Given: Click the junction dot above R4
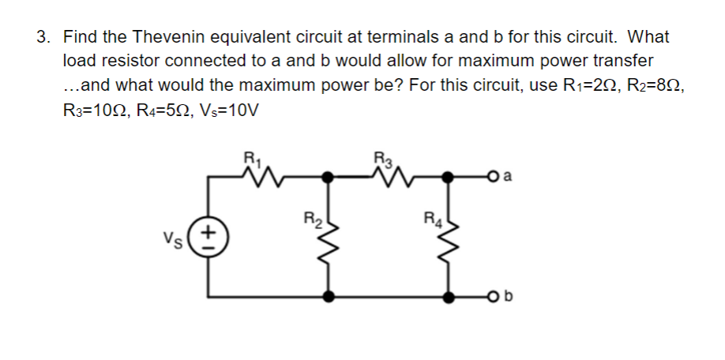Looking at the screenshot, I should pyautogui.click(x=451, y=178).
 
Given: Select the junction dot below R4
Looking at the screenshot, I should pyautogui.click(x=451, y=298).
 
